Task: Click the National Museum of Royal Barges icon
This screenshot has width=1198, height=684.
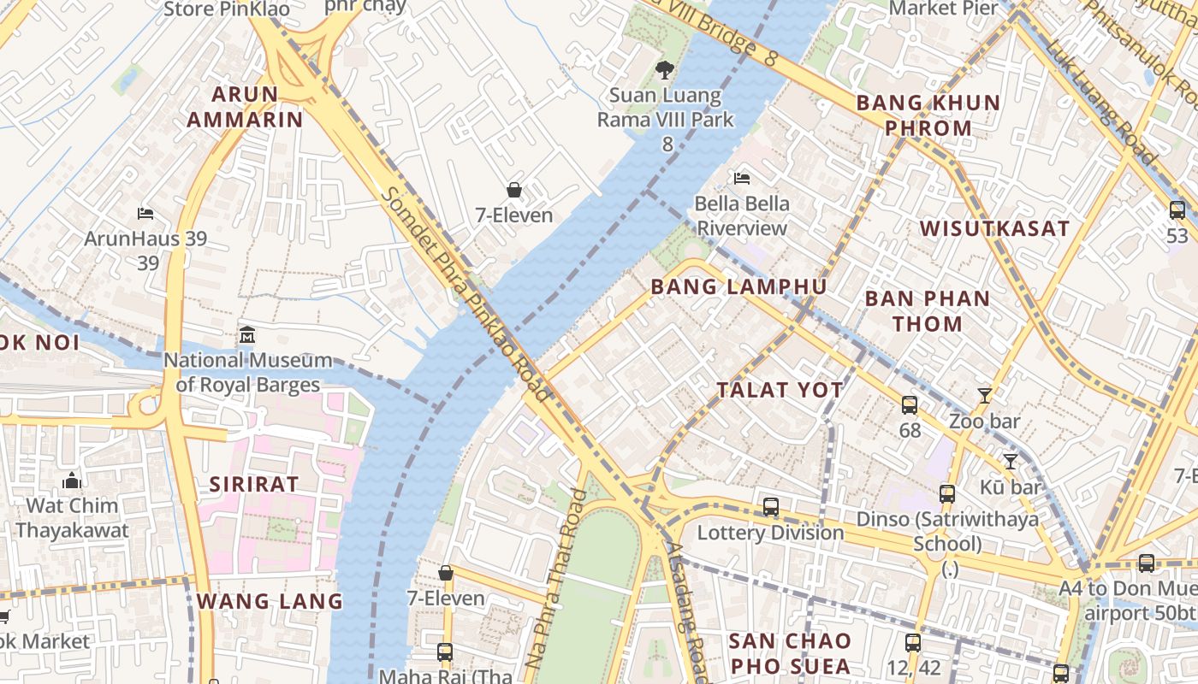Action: click(x=247, y=333)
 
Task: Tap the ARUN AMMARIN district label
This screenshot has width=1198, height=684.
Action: click(x=245, y=107)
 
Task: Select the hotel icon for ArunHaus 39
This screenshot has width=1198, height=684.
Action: click(x=145, y=213)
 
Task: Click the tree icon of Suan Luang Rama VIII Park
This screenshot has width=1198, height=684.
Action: click(x=664, y=70)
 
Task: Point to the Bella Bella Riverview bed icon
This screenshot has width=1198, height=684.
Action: click(x=742, y=178)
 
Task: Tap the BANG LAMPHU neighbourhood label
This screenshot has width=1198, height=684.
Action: click(x=738, y=286)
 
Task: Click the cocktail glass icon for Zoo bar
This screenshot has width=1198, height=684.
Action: click(x=985, y=395)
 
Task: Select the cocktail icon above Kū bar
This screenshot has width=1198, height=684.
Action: click(x=1011, y=461)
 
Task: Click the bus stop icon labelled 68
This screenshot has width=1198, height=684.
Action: click(x=910, y=404)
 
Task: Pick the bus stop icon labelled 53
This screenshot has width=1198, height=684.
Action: click(x=1177, y=209)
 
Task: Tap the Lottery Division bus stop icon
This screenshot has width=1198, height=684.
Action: click(x=771, y=507)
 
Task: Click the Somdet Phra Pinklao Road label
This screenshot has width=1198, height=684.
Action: click(x=467, y=295)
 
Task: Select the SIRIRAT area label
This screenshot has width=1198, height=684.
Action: click(x=254, y=484)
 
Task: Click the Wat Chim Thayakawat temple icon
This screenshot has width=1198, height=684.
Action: click(x=72, y=481)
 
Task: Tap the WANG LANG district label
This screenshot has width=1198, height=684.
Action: click(x=270, y=601)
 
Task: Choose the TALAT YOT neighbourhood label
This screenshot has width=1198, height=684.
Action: click(x=780, y=390)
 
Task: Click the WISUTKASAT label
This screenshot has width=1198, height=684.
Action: click(x=994, y=228)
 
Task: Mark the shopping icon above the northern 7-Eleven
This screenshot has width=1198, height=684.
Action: click(x=514, y=190)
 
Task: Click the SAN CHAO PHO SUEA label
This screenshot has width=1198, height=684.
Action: click(x=790, y=653)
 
